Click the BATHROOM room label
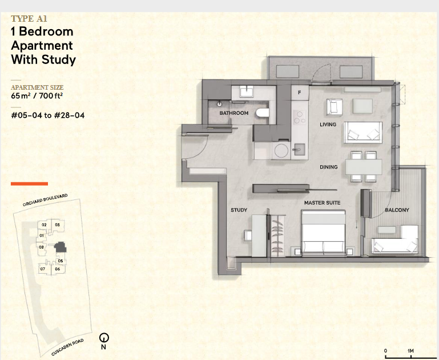(x=234, y=113)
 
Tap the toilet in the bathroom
(x=263, y=113)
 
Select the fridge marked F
(x=300, y=93)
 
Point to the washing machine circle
(x=281, y=151)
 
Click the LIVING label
(x=328, y=125)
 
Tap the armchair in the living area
(x=335, y=107)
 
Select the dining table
(x=364, y=167)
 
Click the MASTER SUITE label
(x=322, y=202)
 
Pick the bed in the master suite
(x=323, y=233)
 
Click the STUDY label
(x=239, y=210)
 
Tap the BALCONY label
(x=397, y=210)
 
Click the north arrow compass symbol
(x=104, y=338)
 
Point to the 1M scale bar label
(x=410, y=351)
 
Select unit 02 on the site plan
(x=44, y=225)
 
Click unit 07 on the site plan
(x=43, y=269)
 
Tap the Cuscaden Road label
(x=67, y=347)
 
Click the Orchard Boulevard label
(x=45, y=200)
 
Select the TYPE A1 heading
(x=29, y=19)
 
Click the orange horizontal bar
(x=29, y=184)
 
